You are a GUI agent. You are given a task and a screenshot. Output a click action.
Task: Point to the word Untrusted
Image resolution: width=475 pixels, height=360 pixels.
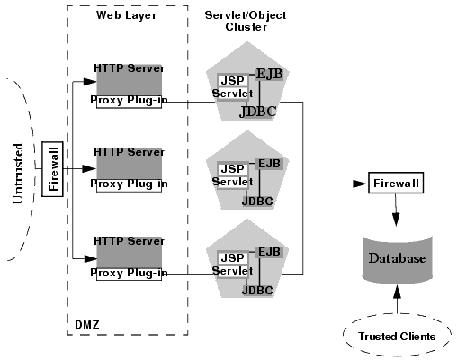point(17,173)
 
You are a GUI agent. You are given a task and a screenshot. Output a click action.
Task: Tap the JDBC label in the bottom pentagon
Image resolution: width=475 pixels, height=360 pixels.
point(257,290)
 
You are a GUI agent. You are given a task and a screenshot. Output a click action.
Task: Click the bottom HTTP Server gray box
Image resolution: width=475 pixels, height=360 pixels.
point(130,253)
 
